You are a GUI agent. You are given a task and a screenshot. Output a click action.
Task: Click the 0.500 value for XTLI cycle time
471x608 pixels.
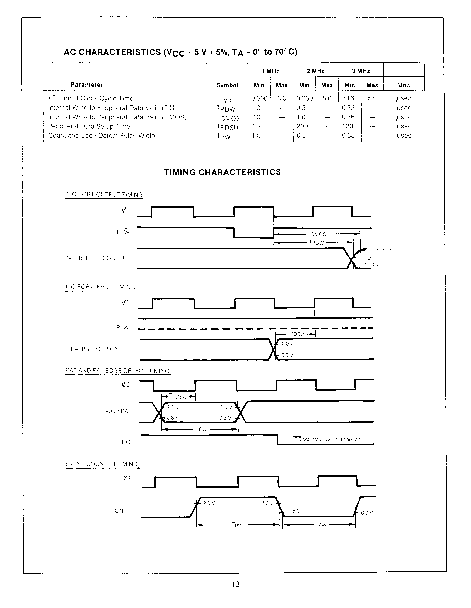(x=259, y=98)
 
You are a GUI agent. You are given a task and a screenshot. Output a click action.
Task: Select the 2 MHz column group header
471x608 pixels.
(x=315, y=71)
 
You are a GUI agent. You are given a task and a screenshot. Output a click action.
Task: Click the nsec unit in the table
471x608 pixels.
(x=404, y=126)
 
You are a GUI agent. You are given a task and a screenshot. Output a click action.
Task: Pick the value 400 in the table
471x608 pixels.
(x=257, y=126)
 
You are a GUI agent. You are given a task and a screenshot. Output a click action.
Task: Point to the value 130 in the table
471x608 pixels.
(x=347, y=126)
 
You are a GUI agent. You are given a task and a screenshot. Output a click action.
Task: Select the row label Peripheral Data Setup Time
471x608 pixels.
(x=89, y=126)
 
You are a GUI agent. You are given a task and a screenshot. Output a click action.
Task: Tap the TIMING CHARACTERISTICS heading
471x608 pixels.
(x=222, y=172)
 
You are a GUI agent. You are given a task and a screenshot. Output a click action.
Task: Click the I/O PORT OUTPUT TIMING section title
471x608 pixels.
(x=104, y=194)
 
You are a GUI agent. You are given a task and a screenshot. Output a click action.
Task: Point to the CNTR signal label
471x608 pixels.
(x=123, y=510)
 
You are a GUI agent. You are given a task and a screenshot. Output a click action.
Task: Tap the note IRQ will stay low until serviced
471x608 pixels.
(x=328, y=439)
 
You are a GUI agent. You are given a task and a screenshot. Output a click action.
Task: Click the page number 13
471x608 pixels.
(x=235, y=584)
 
